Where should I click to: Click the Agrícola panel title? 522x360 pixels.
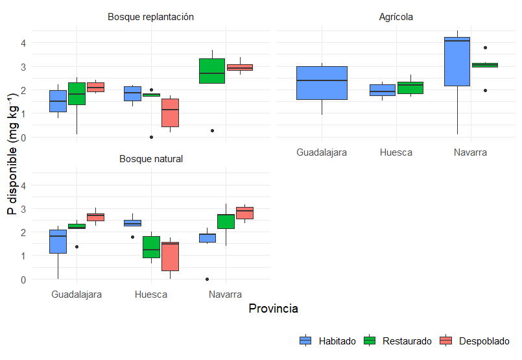click(396, 17)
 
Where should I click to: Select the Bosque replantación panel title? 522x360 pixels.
click(150, 17)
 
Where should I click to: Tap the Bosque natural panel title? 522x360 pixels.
click(150, 159)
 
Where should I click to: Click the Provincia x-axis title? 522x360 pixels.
click(273, 309)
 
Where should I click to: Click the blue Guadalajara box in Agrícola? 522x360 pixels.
click(322, 83)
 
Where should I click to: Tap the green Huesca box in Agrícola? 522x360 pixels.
click(410, 88)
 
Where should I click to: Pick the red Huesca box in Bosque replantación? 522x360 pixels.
click(170, 113)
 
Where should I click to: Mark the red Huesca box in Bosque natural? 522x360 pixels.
click(170, 256)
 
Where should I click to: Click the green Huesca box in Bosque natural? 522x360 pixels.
click(151, 247)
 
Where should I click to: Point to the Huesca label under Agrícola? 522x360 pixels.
click(396, 153)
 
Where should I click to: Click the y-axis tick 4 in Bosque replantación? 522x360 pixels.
click(23, 43)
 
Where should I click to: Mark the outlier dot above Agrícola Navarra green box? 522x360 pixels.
click(485, 47)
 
